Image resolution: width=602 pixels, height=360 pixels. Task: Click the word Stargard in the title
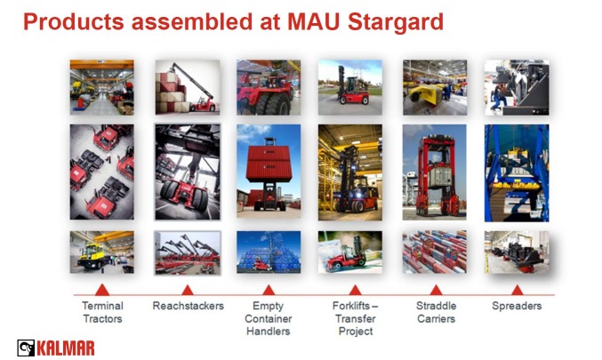coord(396,22)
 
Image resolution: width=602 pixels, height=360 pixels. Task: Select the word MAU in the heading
coord(314,21)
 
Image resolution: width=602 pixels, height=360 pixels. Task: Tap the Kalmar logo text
coord(65,348)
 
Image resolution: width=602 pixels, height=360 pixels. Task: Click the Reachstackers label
coord(189,306)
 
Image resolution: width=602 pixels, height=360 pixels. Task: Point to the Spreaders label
coord(517,306)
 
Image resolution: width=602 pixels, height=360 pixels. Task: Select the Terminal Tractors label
coord(102,312)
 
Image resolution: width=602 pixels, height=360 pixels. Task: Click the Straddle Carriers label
coord(436,312)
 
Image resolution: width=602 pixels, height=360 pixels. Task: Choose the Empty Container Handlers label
coord(268,318)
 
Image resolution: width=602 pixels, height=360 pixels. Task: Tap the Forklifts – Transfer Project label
coord(356,318)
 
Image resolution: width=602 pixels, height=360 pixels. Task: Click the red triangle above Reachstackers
coord(188,291)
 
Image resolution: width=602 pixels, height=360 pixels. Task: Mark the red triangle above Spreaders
coord(518,291)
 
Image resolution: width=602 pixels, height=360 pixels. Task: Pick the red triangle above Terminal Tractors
coord(101,290)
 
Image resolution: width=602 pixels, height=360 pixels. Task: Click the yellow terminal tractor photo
coord(101,252)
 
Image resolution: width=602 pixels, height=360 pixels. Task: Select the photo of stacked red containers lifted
coord(269,172)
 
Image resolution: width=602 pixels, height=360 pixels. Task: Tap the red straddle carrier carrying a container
coord(435,172)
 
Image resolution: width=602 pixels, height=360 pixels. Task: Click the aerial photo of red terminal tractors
coord(101,172)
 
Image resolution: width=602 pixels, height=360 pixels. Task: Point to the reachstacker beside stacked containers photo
coord(188,87)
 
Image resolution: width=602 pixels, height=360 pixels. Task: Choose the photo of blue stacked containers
coord(269,252)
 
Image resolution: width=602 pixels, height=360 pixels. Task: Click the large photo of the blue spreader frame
coord(517,173)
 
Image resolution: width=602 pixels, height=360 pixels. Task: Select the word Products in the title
coord(74,21)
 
